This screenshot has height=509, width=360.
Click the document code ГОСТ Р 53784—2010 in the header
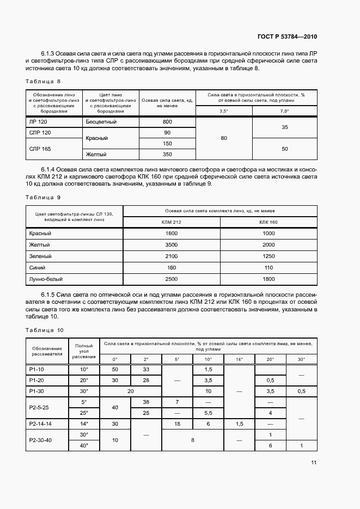point(287,37)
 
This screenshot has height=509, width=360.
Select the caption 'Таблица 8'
point(42,82)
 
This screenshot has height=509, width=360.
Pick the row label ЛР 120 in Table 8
point(40,122)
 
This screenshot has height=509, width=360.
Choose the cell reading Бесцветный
point(101,122)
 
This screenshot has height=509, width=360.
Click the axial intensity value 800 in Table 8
point(167,122)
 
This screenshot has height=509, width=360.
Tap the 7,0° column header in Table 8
point(284,111)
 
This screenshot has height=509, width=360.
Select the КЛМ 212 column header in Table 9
point(172,222)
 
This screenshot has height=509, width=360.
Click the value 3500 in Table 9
point(172,244)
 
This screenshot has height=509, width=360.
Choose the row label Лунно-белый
point(46,279)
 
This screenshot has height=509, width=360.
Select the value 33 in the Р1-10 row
point(146,369)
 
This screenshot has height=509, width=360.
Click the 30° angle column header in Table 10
point(301,359)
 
